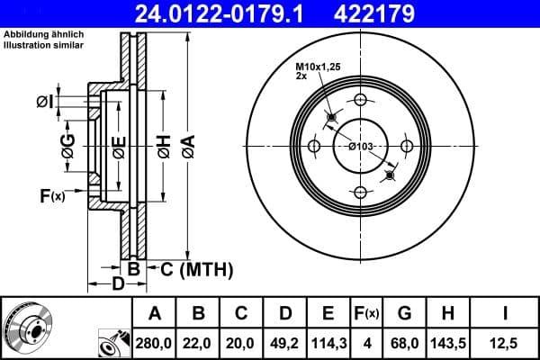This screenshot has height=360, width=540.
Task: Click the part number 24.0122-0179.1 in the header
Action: pyautogui.click(x=208, y=14)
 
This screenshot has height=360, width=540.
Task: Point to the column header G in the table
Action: pyautogui.click(x=404, y=313)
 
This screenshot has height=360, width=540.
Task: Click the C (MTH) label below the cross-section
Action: pyautogui.click(x=196, y=269)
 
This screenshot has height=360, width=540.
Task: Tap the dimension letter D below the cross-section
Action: pyautogui.click(x=119, y=285)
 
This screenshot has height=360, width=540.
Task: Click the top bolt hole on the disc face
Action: pyautogui.click(x=360, y=100)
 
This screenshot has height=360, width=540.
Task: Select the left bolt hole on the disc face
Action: pyautogui.click(x=314, y=147)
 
